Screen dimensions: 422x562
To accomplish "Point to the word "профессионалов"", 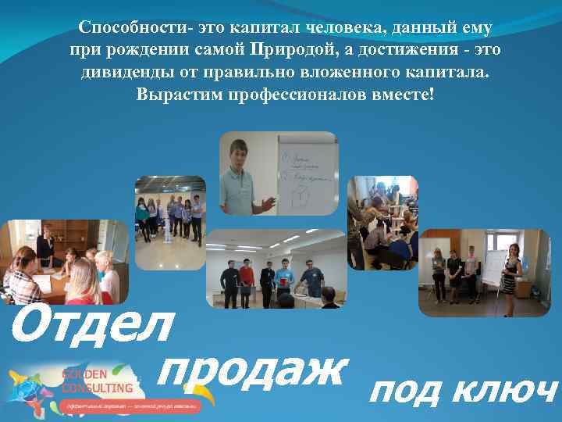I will click(x=297, y=95).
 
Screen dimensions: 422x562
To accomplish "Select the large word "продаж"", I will click(x=250, y=371).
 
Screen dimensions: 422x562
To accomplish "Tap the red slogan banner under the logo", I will click(x=129, y=406).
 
